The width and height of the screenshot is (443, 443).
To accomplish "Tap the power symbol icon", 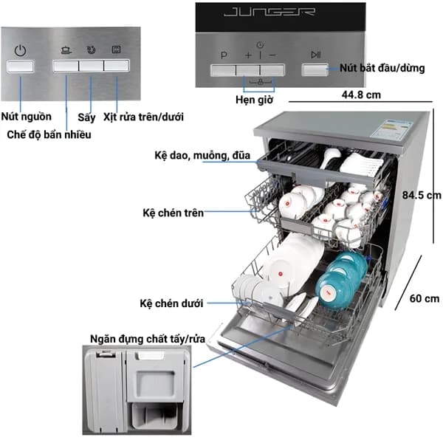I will [x=21, y=50].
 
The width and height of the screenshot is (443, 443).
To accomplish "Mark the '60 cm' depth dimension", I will [x=424, y=298].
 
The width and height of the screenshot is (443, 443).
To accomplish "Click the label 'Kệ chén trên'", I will [x=173, y=213].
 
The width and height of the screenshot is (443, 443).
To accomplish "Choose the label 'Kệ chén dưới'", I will [x=171, y=303].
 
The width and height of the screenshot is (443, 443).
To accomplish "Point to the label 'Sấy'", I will [x=86, y=117].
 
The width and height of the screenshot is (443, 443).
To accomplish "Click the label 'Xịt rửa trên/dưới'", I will [x=143, y=117].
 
